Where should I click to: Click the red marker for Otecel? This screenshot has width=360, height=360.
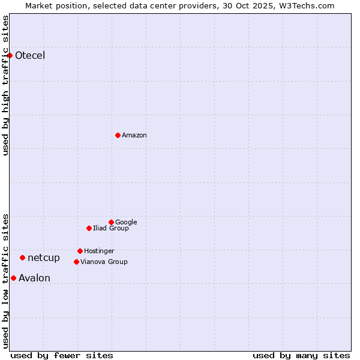10,55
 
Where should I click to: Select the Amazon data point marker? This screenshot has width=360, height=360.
118,135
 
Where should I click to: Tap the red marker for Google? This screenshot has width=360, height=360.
111,222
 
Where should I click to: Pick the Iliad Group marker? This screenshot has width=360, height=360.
89,228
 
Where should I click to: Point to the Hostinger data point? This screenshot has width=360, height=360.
80,251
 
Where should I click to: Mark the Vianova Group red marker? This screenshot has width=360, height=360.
76,262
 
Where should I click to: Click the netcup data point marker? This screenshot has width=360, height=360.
22,257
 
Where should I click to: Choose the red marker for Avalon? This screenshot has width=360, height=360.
13,278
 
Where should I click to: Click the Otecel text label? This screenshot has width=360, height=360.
30,56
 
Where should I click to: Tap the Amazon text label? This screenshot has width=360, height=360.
134,136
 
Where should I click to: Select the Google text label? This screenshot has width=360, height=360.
126,223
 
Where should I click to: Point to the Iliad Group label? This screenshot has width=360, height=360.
111,229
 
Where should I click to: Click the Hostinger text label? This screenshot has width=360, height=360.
99,251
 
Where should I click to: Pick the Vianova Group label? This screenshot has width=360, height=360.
104,262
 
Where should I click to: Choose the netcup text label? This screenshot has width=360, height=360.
44,258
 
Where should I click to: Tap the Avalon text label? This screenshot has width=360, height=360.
34,278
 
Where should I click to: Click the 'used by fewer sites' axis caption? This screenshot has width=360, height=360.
62,355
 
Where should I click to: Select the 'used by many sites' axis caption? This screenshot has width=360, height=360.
301,355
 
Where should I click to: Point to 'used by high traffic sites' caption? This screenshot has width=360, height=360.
5,85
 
